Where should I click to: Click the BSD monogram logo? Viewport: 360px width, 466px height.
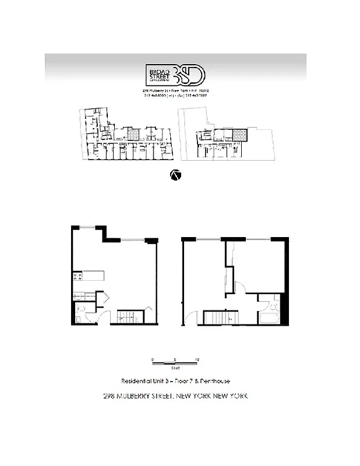click(192, 75)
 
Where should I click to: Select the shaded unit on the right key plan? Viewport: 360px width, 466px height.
click(239, 135)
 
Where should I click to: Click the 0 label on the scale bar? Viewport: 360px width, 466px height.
click(153, 360)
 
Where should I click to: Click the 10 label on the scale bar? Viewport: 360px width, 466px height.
click(197, 360)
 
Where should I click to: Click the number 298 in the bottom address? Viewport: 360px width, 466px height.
click(109, 396)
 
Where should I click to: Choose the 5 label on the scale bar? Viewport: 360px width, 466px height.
click(175, 360)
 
